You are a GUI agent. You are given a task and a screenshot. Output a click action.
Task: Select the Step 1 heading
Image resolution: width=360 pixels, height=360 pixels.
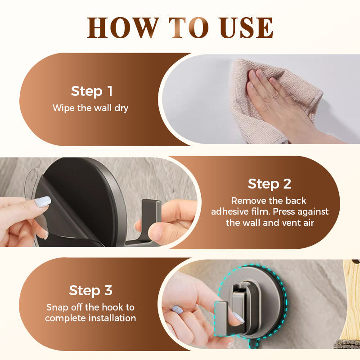[x=92, y=91]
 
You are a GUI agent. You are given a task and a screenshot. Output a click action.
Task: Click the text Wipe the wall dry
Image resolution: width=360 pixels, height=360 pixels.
[x=90, y=108]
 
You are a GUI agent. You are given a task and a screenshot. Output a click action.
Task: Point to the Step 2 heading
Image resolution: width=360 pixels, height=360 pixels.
[x=270, y=184]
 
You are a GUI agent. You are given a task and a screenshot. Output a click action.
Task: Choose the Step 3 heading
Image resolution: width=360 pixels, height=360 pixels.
[x=90, y=290]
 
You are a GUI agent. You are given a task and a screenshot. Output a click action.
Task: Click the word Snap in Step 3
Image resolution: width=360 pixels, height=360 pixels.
[x=57, y=307]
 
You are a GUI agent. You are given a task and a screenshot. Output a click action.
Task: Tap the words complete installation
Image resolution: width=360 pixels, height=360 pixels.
[x=90, y=319]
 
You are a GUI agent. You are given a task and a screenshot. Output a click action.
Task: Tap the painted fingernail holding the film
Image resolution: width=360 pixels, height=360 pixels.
[x=43, y=202]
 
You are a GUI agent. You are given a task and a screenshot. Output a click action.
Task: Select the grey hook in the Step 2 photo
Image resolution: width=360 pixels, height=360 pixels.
[x=151, y=211]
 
